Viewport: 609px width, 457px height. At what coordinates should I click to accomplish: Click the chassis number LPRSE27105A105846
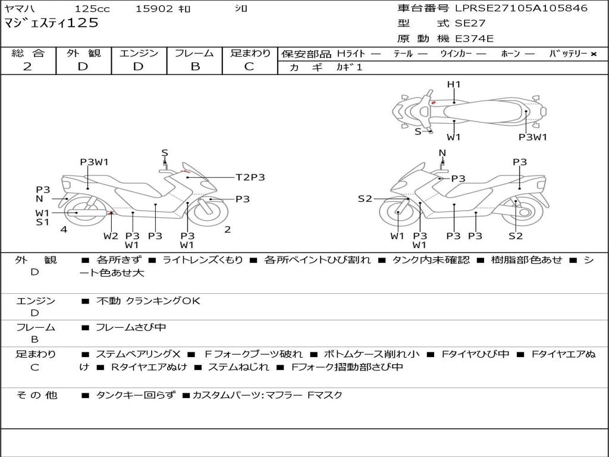click(x=521, y=8)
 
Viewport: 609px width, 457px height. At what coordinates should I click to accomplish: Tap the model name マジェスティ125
click(x=51, y=23)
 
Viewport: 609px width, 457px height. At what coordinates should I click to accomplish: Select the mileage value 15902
click(x=154, y=9)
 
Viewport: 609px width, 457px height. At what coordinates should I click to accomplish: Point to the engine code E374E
click(x=474, y=39)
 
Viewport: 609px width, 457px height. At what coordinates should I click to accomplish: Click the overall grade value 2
click(x=27, y=67)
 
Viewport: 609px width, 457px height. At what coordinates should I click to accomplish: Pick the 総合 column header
click(x=28, y=53)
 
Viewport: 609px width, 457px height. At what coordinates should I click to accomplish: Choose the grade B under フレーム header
click(x=194, y=67)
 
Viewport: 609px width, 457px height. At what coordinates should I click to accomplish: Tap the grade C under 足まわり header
click(x=249, y=67)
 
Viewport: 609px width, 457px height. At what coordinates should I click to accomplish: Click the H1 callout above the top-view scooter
click(x=454, y=84)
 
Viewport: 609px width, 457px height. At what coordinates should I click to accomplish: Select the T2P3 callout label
click(x=250, y=177)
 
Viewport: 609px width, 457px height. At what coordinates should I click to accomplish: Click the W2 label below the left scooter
click(x=111, y=236)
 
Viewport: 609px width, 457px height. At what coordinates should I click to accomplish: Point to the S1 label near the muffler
click(x=42, y=223)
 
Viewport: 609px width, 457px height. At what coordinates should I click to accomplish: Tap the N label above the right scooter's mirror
click(x=442, y=153)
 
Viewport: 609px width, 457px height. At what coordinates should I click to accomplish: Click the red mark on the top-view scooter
click(x=433, y=102)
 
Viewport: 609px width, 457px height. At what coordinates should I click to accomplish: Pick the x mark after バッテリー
click(x=593, y=54)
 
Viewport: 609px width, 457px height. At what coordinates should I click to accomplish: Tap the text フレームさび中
click(x=131, y=327)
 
